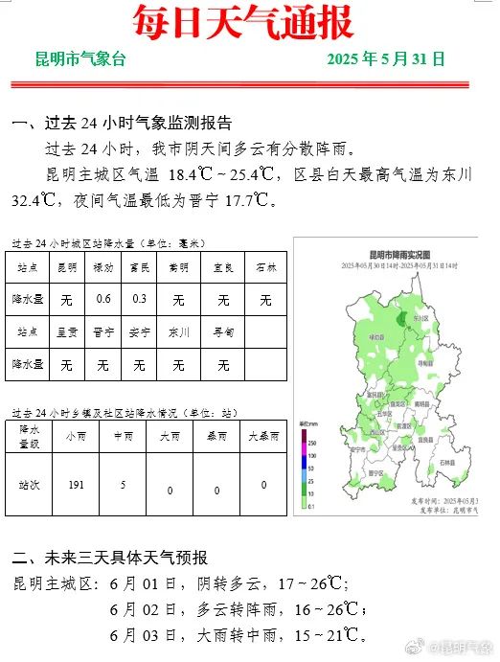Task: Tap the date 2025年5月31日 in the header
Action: (x=385, y=59)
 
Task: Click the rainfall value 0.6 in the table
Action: (x=103, y=300)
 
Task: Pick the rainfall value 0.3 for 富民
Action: (x=139, y=300)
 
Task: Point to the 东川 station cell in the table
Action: (x=178, y=332)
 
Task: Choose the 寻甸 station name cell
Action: (x=223, y=332)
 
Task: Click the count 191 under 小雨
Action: (x=76, y=485)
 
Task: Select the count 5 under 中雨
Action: (x=122, y=485)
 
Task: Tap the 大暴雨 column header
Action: (x=263, y=435)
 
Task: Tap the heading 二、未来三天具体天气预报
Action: (x=109, y=558)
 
